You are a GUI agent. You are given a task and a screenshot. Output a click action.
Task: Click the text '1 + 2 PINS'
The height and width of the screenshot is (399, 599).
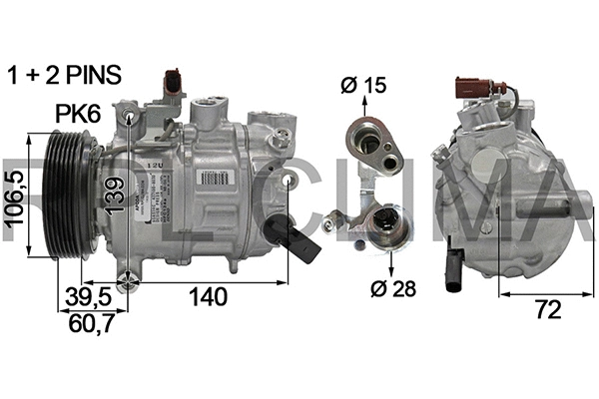point(64,74)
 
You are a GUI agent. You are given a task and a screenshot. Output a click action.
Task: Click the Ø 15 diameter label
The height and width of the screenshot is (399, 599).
point(360,86)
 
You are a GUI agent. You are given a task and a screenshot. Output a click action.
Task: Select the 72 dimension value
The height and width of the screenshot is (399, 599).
point(544,311)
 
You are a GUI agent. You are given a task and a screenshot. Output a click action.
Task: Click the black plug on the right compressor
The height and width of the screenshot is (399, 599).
point(458,268)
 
